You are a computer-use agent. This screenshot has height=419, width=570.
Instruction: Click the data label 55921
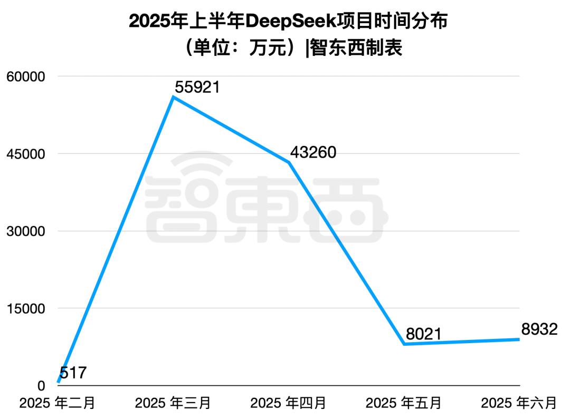[197, 87]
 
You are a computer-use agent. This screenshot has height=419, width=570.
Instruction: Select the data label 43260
[313, 152]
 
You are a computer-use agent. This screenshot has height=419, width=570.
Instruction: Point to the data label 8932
[539, 329]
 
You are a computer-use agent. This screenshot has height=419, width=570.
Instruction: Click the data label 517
[73, 373]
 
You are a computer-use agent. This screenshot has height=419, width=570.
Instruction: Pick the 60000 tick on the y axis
[26, 76]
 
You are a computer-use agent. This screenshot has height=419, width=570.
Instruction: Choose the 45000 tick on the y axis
[26, 154]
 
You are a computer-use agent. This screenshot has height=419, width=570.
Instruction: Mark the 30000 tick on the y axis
[26, 231]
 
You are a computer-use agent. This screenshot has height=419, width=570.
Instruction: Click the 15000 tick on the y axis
[26, 308]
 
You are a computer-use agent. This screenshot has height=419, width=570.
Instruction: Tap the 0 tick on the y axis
[42, 386]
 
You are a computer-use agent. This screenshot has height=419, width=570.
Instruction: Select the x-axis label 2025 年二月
[58, 403]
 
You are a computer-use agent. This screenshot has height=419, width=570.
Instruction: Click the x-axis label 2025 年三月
[173, 403]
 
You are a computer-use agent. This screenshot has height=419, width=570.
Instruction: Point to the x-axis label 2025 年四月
[289, 403]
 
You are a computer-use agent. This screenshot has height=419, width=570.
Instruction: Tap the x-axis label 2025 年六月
[519, 403]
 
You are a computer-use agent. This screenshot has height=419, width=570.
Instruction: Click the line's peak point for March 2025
[174, 97]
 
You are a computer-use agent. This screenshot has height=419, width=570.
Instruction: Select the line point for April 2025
[289, 162]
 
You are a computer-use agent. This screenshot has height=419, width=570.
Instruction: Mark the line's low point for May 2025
[404, 344]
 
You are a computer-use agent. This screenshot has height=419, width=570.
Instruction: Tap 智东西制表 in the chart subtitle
[356, 48]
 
